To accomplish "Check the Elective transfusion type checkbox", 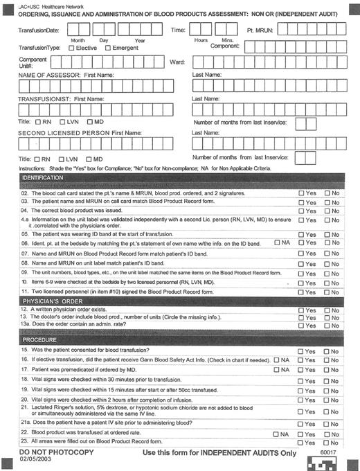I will click(72, 48).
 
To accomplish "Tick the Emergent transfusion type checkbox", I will click(108, 48).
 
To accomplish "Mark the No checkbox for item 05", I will click(327, 234).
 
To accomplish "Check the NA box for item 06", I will click(277, 242).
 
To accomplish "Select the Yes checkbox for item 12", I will click(301, 310).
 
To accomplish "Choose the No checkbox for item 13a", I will click(327, 326).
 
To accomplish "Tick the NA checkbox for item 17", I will click(277, 371).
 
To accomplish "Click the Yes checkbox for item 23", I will click(301, 442).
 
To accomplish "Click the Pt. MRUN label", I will click(262, 30).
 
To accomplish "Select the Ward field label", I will click(177, 62).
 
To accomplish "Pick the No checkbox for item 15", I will click(327, 351).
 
